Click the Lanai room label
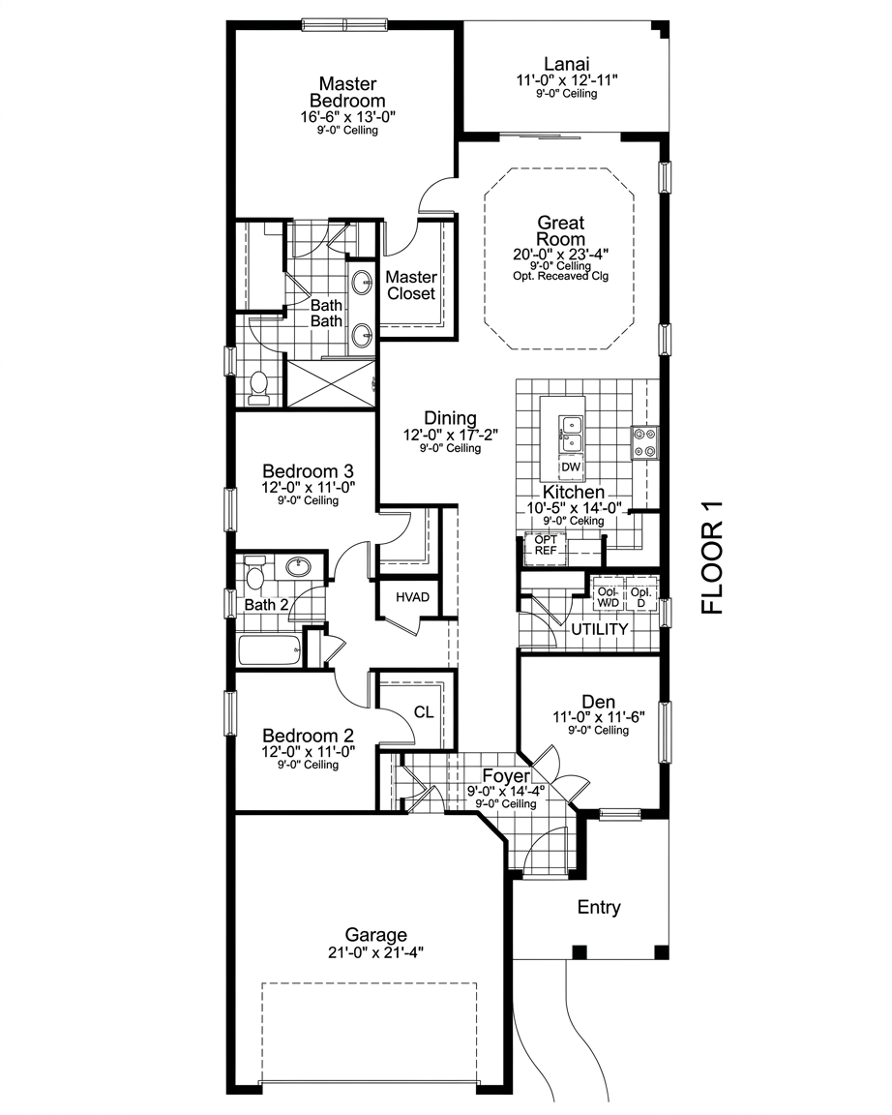567,64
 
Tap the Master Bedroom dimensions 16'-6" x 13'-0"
347,116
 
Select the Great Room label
561,231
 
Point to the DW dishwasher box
571,467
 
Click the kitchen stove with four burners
644,442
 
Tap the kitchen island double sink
572,434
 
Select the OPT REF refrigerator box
546,546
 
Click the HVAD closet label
412,596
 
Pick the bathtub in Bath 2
269,650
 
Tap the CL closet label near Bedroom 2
424,711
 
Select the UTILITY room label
600,629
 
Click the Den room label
599,702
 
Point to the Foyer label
506,776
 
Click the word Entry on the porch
599,907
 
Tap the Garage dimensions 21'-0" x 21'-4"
376,952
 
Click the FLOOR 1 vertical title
711,557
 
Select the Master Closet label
411,286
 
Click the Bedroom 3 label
308,470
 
